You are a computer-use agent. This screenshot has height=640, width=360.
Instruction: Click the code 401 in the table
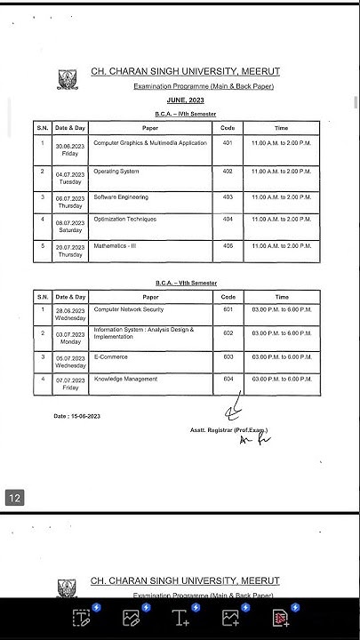point(228,142)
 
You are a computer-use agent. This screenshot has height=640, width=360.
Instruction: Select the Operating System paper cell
point(116,171)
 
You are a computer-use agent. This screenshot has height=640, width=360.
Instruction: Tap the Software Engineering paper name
point(121,196)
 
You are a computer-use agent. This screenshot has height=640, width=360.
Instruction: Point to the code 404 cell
point(228,219)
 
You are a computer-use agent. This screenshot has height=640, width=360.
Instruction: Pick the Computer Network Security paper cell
point(129,310)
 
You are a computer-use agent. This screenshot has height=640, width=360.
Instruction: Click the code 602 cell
point(228,332)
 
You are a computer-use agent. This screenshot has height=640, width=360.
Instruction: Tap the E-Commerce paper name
point(111,356)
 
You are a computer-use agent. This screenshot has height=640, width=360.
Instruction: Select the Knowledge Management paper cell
point(125,380)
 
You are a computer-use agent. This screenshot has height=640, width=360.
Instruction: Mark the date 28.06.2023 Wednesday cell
point(69,313)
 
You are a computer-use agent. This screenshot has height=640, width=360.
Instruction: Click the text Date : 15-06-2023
point(77,416)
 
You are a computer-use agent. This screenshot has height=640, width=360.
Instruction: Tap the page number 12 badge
point(15,499)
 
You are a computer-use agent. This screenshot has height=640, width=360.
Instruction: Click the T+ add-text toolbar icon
point(180,618)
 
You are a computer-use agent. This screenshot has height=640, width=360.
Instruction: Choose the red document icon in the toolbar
point(280,618)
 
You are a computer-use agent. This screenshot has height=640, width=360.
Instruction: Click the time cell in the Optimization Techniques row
point(281,219)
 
